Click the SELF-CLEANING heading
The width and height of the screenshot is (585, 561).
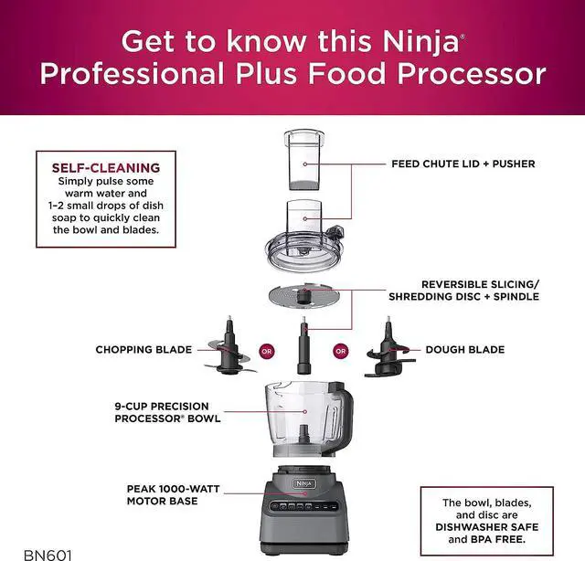(x=105, y=168)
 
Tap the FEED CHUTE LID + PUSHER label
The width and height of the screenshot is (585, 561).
(x=463, y=164)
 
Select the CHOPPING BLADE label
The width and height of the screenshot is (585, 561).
(x=144, y=350)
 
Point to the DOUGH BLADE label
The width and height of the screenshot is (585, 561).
(x=464, y=350)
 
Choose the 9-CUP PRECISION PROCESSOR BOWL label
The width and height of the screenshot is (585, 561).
(x=162, y=412)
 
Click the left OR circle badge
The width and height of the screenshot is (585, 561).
(x=267, y=350)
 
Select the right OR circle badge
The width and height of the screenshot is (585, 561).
(x=341, y=350)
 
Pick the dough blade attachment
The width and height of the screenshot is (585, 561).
(x=389, y=351)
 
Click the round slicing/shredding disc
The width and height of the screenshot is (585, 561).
(x=304, y=297)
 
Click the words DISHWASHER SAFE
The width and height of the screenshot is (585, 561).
(x=491, y=526)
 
